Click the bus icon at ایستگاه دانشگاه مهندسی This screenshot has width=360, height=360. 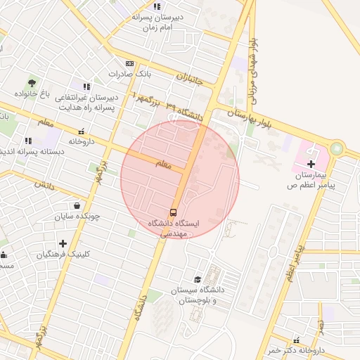(173, 212)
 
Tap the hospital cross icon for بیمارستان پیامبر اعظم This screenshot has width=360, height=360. (311, 163)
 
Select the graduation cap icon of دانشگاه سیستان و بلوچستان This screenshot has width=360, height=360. (197, 280)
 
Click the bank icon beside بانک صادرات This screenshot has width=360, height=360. (129, 63)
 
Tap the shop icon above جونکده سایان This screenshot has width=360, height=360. (75, 206)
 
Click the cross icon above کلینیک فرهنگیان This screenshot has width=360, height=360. (63, 243)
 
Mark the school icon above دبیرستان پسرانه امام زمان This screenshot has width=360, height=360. (157, 6)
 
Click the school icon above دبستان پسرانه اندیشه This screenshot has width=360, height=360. (28, 141)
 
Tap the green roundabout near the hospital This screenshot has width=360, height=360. (336, 148)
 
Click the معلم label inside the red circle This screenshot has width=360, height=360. (162, 165)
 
